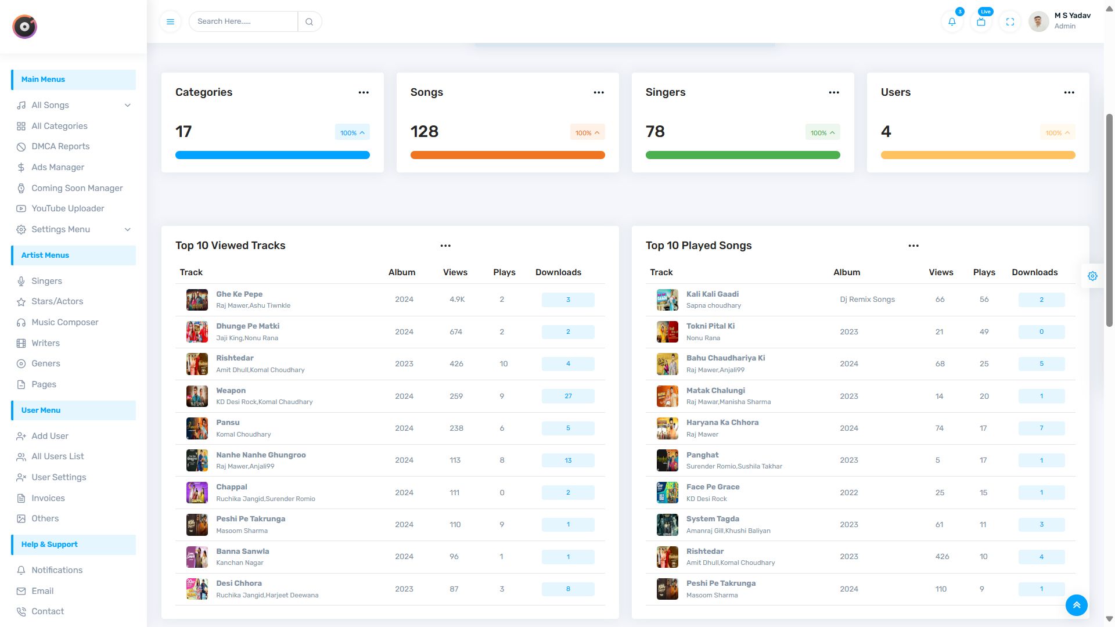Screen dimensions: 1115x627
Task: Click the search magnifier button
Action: click(x=310, y=21)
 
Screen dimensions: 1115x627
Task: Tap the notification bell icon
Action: click(x=952, y=21)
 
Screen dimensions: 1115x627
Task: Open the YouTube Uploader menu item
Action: click(x=68, y=208)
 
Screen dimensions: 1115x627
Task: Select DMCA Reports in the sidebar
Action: click(x=60, y=146)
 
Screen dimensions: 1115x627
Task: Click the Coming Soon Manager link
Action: click(x=77, y=188)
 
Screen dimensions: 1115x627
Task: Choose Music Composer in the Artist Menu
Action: click(x=65, y=322)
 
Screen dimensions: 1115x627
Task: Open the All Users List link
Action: click(x=57, y=456)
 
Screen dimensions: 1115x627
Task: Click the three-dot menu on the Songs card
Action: click(x=599, y=92)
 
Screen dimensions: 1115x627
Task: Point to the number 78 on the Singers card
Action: click(x=655, y=132)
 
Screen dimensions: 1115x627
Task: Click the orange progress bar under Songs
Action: click(x=508, y=155)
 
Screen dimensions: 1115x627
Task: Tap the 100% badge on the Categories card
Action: click(x=352, y=132)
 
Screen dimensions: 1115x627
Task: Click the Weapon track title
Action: click(x=231, y=391)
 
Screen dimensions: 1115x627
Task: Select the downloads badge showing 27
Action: click(x=568, y=397)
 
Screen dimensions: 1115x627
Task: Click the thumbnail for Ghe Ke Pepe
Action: click(x=197, y=300)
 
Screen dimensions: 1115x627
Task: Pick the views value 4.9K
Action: click(x=457, y=300)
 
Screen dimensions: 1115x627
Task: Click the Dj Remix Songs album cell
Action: click(x=867, y=300)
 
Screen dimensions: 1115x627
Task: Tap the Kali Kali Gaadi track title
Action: click(x=713, y=294)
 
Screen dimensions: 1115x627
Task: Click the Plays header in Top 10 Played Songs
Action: click(x=984, y=272)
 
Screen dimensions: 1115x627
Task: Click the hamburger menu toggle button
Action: click(x=170, y=21)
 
